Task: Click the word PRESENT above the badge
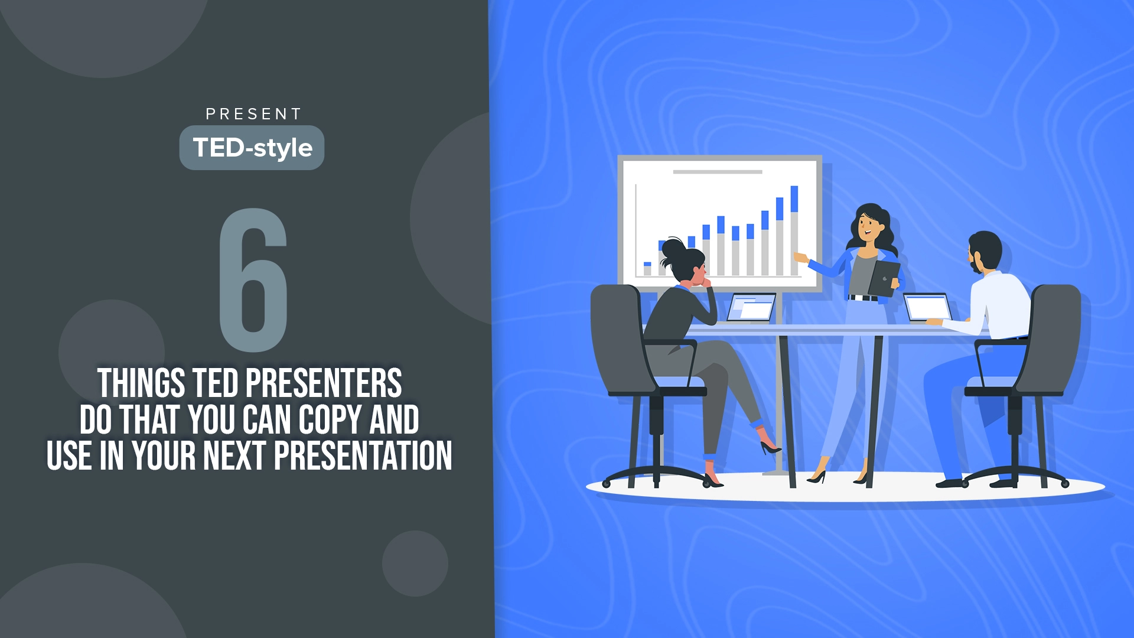[x=253, y=114]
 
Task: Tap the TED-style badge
[x=252, y=148]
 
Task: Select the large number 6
[x=253, y=279]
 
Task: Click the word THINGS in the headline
[x=141, y=383]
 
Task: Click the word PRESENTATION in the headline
[x=363, y=455]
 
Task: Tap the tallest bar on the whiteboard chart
[x=794, y=230]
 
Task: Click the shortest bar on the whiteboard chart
[x=647, y=269]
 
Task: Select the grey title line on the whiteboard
[x=718, y=172]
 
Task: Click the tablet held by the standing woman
[x=884, y=278]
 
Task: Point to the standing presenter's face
[x=867, y=226]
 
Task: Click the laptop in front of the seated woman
[x=750, y=308]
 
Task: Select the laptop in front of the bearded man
[x=928, y=308]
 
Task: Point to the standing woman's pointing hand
[x=801, y=258]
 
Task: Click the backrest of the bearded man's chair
[x=1054, y=337]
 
